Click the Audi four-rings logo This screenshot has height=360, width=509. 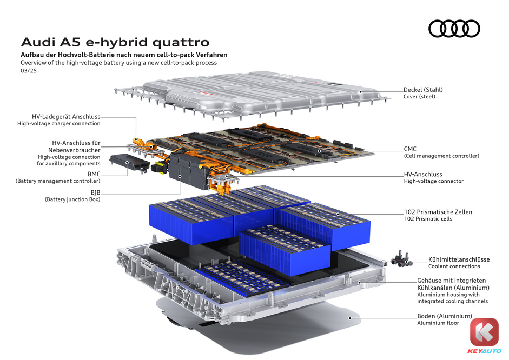click(454, 29)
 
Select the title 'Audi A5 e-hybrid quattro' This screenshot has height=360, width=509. click(115, 42)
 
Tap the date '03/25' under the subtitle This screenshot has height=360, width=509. click(29, 71)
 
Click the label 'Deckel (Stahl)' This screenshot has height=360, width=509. click(423, 90)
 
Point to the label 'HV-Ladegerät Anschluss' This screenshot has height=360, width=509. click(66, 116)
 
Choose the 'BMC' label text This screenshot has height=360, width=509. click(94, 174)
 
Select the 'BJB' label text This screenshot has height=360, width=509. click(95, 192)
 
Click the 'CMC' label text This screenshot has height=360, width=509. click(410, 149)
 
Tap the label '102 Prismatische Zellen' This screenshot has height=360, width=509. click(438, 212)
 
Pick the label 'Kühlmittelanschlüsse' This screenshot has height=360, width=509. click(459, 259)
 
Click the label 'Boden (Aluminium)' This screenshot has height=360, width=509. click(445, 316)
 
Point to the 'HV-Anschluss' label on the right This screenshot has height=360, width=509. click(423, 174)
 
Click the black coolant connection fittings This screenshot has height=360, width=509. click(401, 259)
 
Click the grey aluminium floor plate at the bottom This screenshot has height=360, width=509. click(260, 328)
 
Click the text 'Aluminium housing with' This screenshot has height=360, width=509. click(448, 295)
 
